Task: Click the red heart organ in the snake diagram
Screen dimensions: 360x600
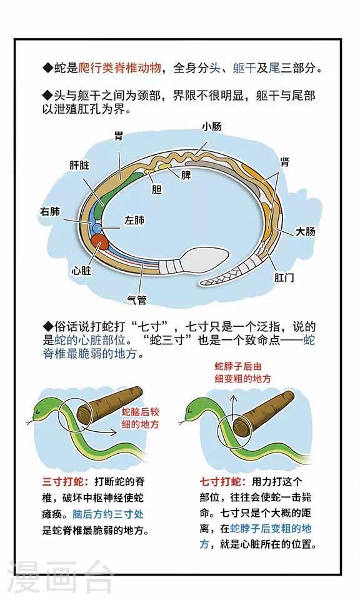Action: [x=100, y=242]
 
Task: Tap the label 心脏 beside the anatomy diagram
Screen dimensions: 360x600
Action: [x=81, y=271]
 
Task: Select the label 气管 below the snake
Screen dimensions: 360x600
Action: [x=137, y=299]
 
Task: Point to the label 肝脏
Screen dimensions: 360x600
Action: [x=79, y=165]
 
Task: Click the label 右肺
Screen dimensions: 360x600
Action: [x=51, y=212]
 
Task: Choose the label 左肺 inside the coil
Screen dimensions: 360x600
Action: [x=134, y=220]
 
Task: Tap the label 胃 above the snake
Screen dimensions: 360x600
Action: [x=119, y=136]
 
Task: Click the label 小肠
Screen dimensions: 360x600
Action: [x=212, y=126]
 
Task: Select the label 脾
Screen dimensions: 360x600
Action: [x=186, y=175]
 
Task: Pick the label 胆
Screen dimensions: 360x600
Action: [x=156, y=189]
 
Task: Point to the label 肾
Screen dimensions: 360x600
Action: [x=284, y=162]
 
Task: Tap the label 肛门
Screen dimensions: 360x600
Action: [x=284, y=277]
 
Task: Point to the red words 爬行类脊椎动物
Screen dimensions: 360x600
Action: [x=120, y=68]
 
